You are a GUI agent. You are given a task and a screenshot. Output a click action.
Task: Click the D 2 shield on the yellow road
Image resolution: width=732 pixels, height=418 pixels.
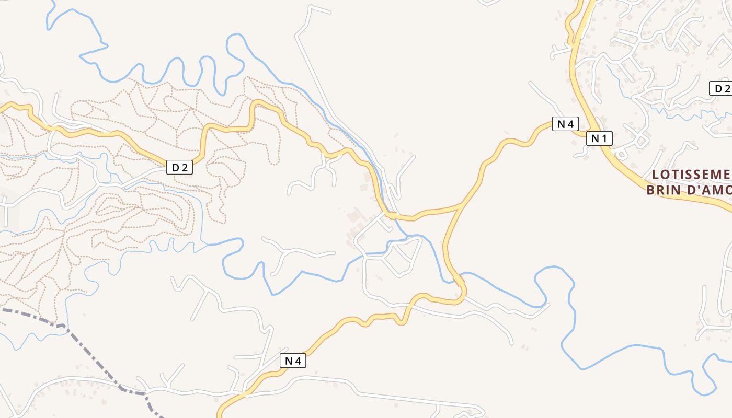tap(179, 167)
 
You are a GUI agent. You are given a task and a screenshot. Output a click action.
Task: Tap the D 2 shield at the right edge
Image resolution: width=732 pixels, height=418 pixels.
tap(722, 89)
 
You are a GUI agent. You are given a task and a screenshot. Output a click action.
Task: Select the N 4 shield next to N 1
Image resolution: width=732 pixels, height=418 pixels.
tap(565, 124)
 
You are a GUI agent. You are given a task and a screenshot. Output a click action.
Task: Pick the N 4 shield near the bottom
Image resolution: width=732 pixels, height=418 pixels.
tap(293, 361)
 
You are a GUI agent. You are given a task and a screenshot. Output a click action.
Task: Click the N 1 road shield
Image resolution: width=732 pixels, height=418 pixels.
tap(599, 138)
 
